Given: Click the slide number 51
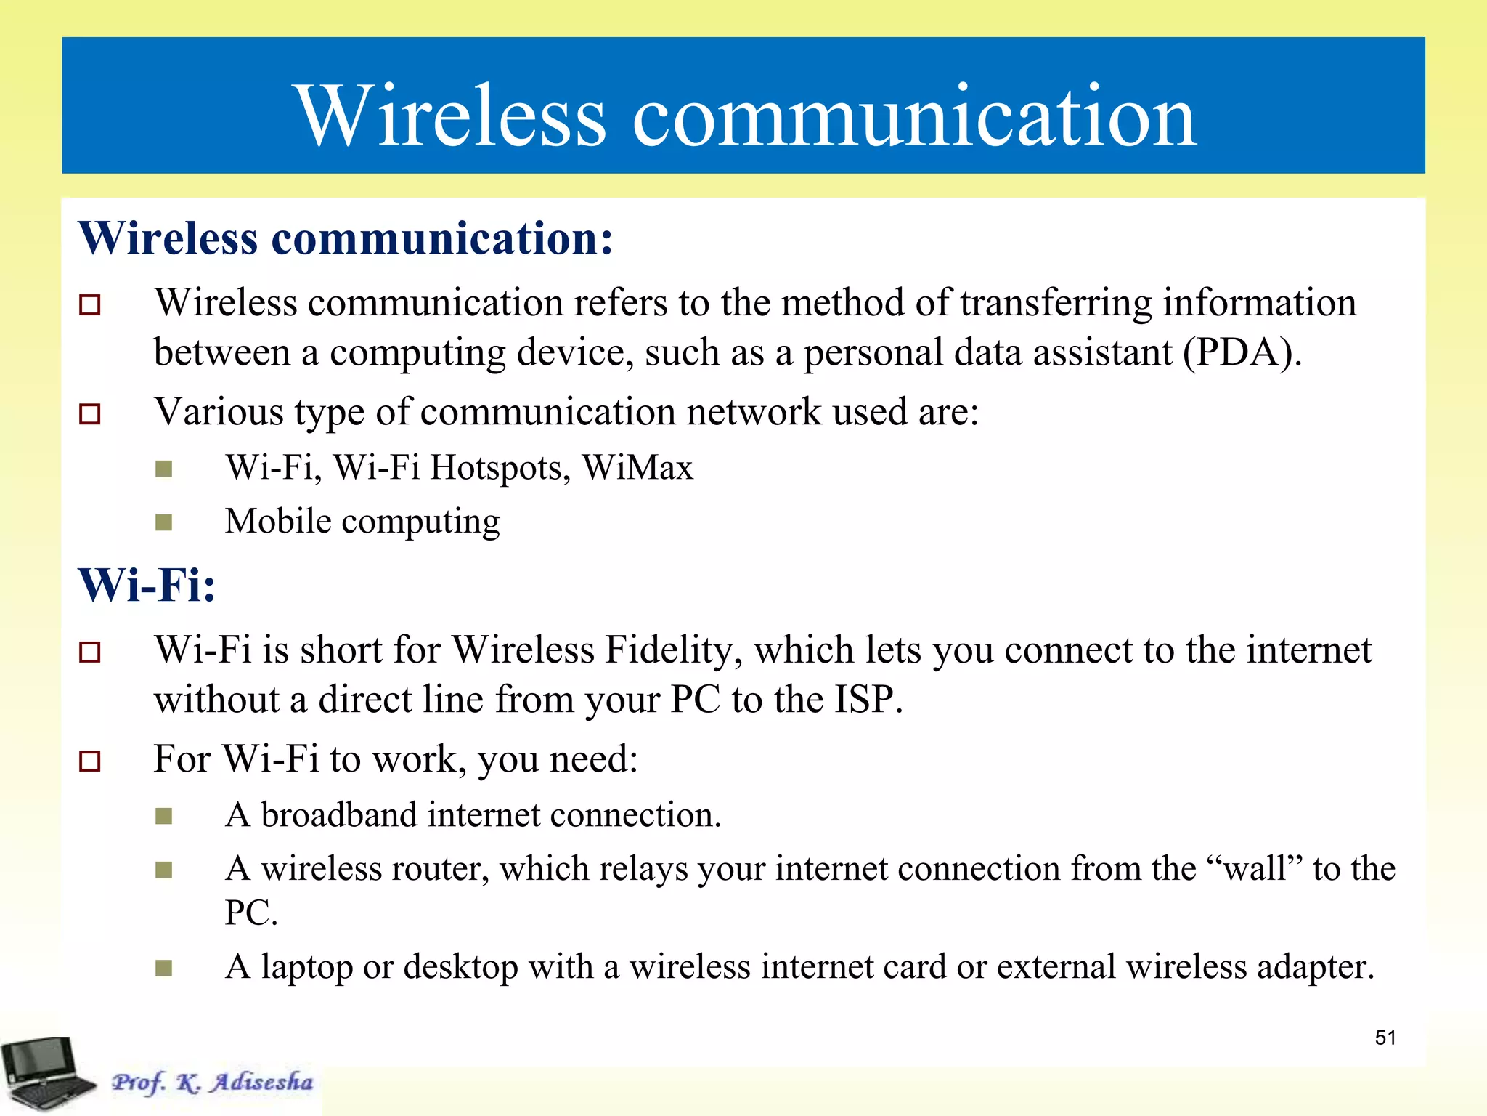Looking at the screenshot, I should click(1385, 1038).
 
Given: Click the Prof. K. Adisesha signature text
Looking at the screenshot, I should click(212, 1082).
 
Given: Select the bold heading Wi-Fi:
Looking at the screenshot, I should click(147, 585).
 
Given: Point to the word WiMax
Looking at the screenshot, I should click(637, 467).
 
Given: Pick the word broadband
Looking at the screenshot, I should click(338, 815).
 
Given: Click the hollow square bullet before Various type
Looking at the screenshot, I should click(90, 414).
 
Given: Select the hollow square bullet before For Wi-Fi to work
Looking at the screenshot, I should click(90, 761).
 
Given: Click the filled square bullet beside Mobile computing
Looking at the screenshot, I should click(164, 522).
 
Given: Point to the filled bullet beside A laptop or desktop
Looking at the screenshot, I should click(164, 968).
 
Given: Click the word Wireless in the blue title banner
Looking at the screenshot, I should click(450, 116).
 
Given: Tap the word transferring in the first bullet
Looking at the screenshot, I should click(1056, 303).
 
